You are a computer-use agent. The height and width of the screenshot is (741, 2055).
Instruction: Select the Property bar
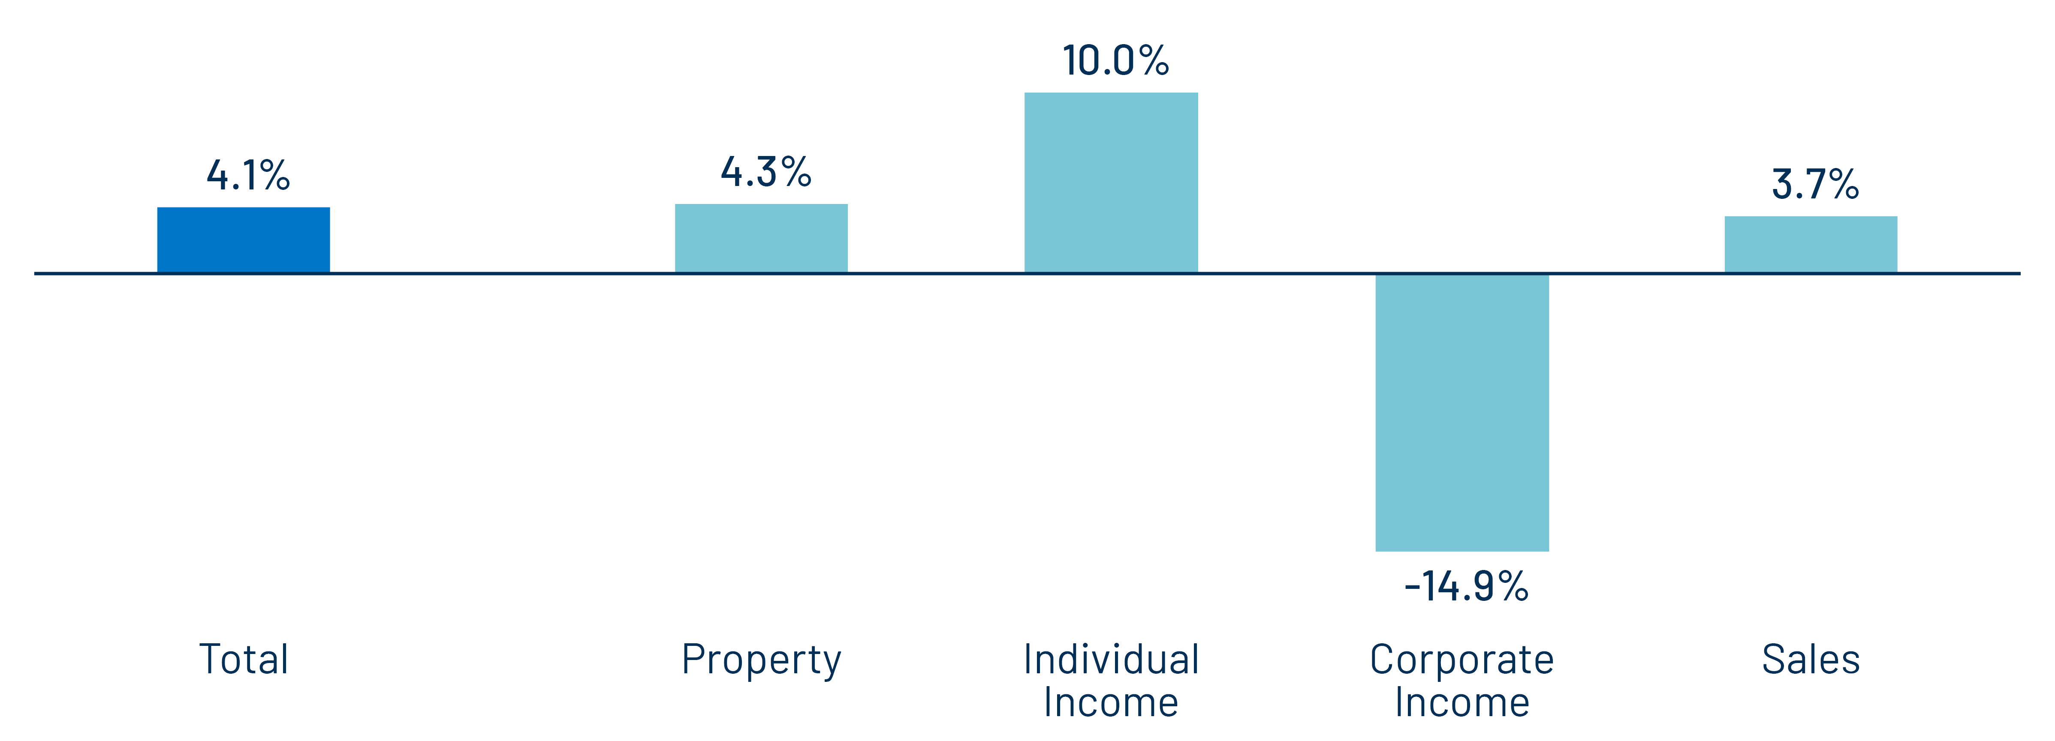[x=761, y=238]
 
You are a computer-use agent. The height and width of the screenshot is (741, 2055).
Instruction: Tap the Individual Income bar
[x=1110, y=183]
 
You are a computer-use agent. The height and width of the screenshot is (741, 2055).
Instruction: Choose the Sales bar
[x=1811, y=244]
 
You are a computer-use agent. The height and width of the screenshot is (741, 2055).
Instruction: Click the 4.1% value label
[x=247, y=175]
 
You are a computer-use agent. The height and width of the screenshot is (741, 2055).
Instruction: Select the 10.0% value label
[x=1115, y=60]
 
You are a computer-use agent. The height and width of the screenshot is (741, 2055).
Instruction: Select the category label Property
[x=761, y=660]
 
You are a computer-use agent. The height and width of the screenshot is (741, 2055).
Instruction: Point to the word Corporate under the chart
[x=1461, y=660]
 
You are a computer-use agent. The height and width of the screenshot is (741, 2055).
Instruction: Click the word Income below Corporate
[x=1461, y=703]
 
